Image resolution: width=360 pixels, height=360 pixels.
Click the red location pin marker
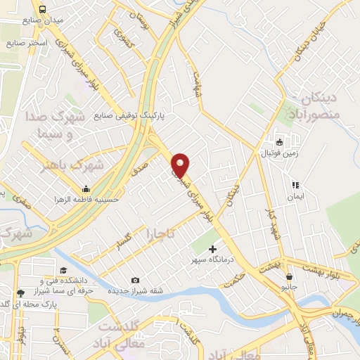pos(181,165)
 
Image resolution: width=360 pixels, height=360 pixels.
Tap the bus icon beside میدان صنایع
pos(44,10)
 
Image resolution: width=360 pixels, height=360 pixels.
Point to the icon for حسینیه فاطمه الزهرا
pos(86,188)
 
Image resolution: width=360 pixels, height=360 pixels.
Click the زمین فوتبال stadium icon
pos(278,141)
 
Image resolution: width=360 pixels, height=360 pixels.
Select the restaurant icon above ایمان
pos(295,186)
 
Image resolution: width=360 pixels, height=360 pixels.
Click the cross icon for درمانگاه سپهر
pos(212,249)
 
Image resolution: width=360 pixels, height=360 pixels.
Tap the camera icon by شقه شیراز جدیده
pos(135,280)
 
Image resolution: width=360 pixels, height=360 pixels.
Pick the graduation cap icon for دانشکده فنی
pos(63,271)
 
